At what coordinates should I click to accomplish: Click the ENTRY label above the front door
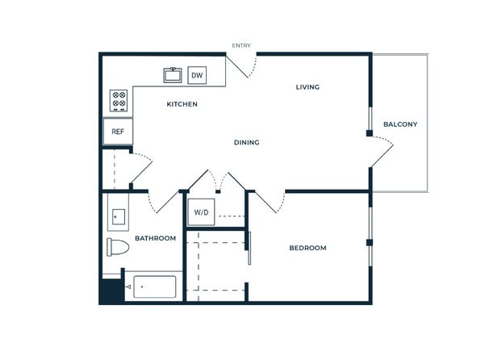click(x=241, y=45)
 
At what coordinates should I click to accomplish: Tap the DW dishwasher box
click(x=197, y=75)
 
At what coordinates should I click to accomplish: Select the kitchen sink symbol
click(x=173, y=75)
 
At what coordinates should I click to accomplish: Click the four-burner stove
click(x=119, y=100)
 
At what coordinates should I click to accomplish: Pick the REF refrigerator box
click(x=118, y=132)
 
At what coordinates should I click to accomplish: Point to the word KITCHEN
click(x=182, y=104)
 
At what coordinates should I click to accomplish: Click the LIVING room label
click(x=307, y=87)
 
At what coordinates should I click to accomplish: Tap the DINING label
click(x=247, y=142)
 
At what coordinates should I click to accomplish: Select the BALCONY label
click(x=400, y=124)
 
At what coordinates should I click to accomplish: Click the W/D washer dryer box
click(x=201, y=212)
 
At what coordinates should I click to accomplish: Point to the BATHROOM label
click(x=156, y=238)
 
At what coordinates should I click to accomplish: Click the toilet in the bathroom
click(x=118, y=247)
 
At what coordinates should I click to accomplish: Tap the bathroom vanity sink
click(x=119, y=217)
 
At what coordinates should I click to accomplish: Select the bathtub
click(x=155, y=287)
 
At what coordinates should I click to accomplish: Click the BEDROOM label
click(x=307, y=248)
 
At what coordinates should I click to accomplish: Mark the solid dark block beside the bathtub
click(x=111, y=291)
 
